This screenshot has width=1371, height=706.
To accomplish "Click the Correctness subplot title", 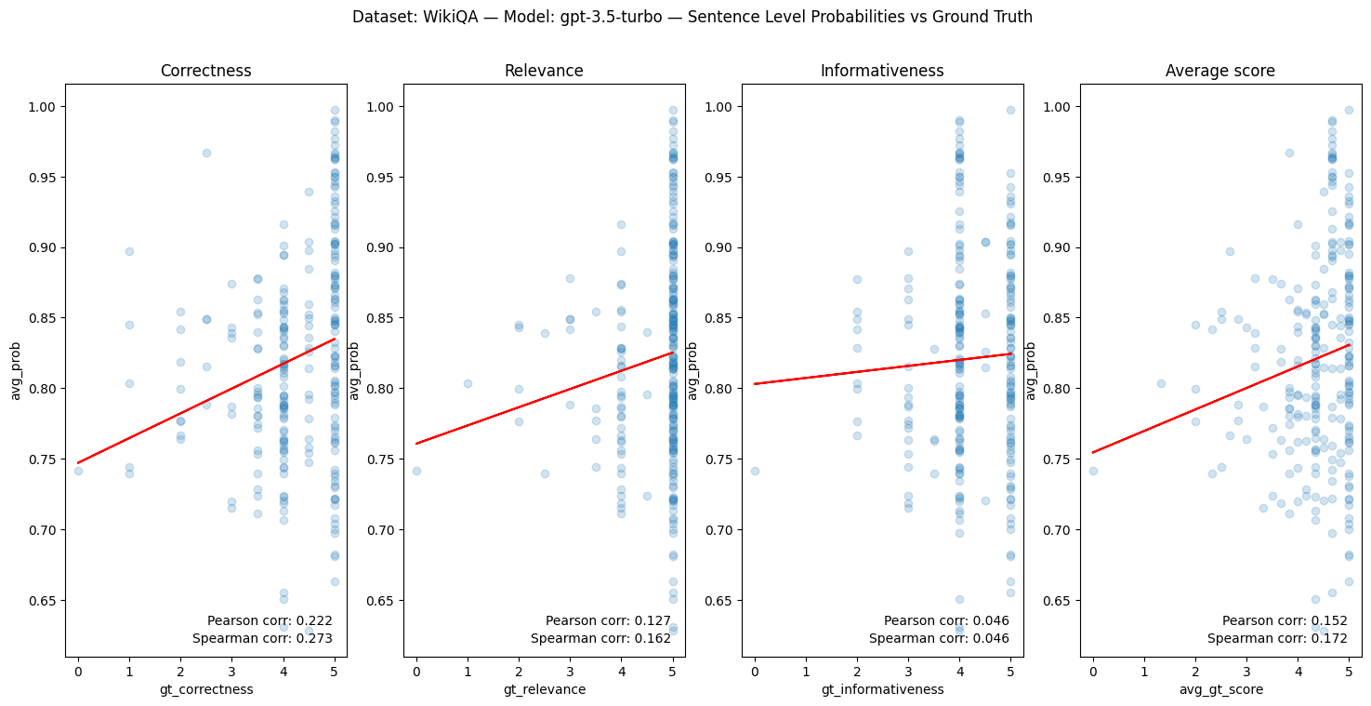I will (x=205, y=71).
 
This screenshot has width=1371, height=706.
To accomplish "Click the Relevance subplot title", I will (x=544, y=71).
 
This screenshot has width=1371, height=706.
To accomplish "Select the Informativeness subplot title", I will (x=882, y=71).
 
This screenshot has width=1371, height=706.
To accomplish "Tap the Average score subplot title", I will (x=1220, y=71).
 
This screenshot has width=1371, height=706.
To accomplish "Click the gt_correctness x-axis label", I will (x=205, y=689).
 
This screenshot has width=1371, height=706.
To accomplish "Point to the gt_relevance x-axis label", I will (x=544, y=689).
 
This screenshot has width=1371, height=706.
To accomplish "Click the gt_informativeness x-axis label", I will (x=882, y=689).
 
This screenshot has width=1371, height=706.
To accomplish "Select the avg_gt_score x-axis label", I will (x=1220, y=689).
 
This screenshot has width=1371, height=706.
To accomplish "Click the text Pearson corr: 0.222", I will (x=270, y=620).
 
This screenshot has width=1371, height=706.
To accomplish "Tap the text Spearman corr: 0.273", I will (x=262, y=638).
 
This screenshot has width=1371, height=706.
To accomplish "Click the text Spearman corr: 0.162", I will (x=600, y=638).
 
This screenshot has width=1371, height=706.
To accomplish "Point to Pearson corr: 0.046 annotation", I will (x=946, y=620).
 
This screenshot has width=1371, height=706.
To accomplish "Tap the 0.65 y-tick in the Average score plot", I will (x=1059, y=601).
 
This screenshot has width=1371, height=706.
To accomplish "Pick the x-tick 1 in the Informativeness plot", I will (x=806, y=668).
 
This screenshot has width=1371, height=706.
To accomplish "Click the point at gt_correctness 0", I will (x=78, y=471).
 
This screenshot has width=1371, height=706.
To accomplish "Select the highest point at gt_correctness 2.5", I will (x=206, y=153).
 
